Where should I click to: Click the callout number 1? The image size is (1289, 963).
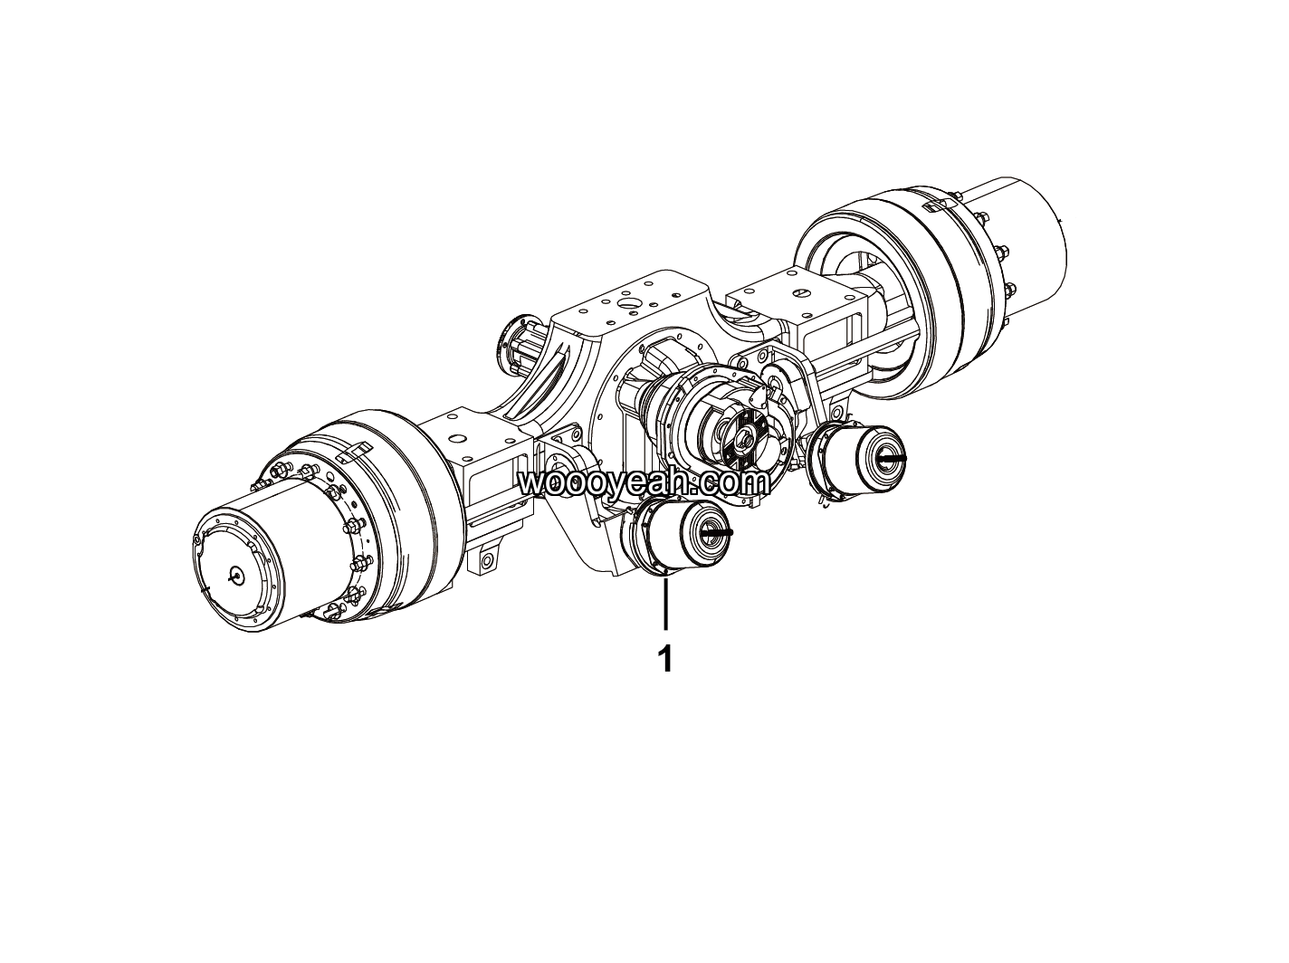coord(665,659)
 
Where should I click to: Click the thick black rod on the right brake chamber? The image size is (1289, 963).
coord(893,458)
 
